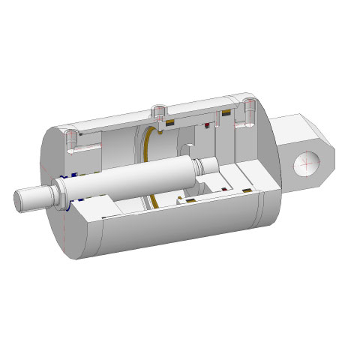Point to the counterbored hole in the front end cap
[71, 137]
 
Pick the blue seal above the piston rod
[65, 177]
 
